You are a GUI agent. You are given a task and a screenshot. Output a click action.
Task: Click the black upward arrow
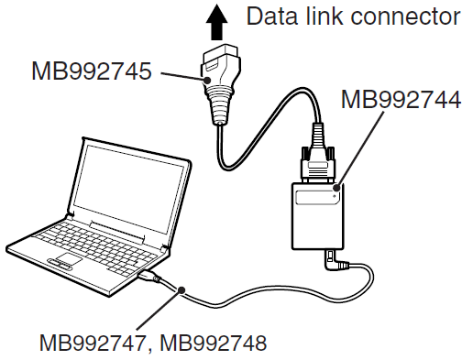point(216,22)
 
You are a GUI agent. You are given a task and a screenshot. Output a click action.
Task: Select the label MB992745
point(92,71)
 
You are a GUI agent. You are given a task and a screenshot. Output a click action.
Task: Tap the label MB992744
point(401,100)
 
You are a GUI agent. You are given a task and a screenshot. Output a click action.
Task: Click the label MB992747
point(92,343)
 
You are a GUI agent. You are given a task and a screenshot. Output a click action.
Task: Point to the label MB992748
point(214,343)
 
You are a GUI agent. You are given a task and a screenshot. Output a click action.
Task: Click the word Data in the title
point(272,16)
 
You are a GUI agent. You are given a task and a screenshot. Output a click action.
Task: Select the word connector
point(405,17)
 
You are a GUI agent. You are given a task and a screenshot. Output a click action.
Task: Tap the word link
point(324,16)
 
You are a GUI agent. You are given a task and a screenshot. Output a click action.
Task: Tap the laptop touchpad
point(69,258)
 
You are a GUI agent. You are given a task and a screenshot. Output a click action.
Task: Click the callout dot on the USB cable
point(181,289)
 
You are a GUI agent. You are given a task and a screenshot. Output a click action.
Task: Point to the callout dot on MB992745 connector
point(207,81)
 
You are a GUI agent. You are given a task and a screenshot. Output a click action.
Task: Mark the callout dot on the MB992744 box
point(336,187)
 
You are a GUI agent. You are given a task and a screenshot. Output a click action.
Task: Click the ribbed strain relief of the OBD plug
point(220,105)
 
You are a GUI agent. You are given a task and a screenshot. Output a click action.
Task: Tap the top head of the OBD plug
point(221,59)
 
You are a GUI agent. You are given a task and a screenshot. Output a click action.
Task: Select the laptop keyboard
point(94,246)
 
